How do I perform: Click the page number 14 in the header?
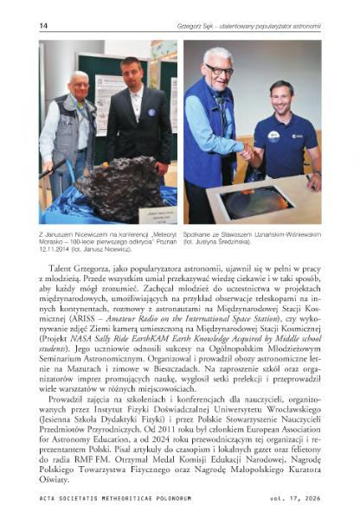[43, 26]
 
